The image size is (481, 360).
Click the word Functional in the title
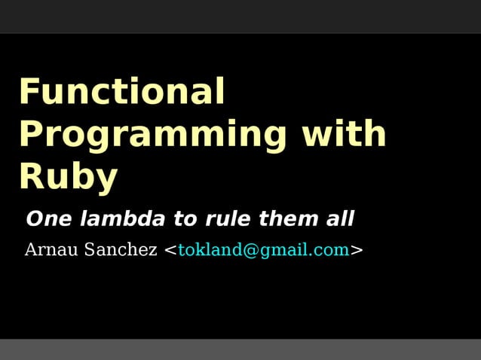pyautogui.click(x=121, y=92)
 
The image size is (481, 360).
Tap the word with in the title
pyautogui.click(x=345, y=134)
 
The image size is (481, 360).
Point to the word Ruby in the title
pyautogui.click(x=68, y=178)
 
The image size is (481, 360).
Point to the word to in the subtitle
pyautogui.click(x=185, y=219)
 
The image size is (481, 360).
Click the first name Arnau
pyautogui.click(x=51, y=250)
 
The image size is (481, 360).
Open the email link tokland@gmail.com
pyautogui.click(x=264, y=250)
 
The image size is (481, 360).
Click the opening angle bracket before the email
pyautogui.click(x=170, y=250)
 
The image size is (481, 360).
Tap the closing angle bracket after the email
pyautogui.click(x=357, y=250)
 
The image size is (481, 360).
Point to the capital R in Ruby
pyautogui.click(x=30, y=177)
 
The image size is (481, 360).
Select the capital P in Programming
pyautogui.click(x=30, y=134)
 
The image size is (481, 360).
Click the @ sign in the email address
pyautogui.click(x=250, y=250)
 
